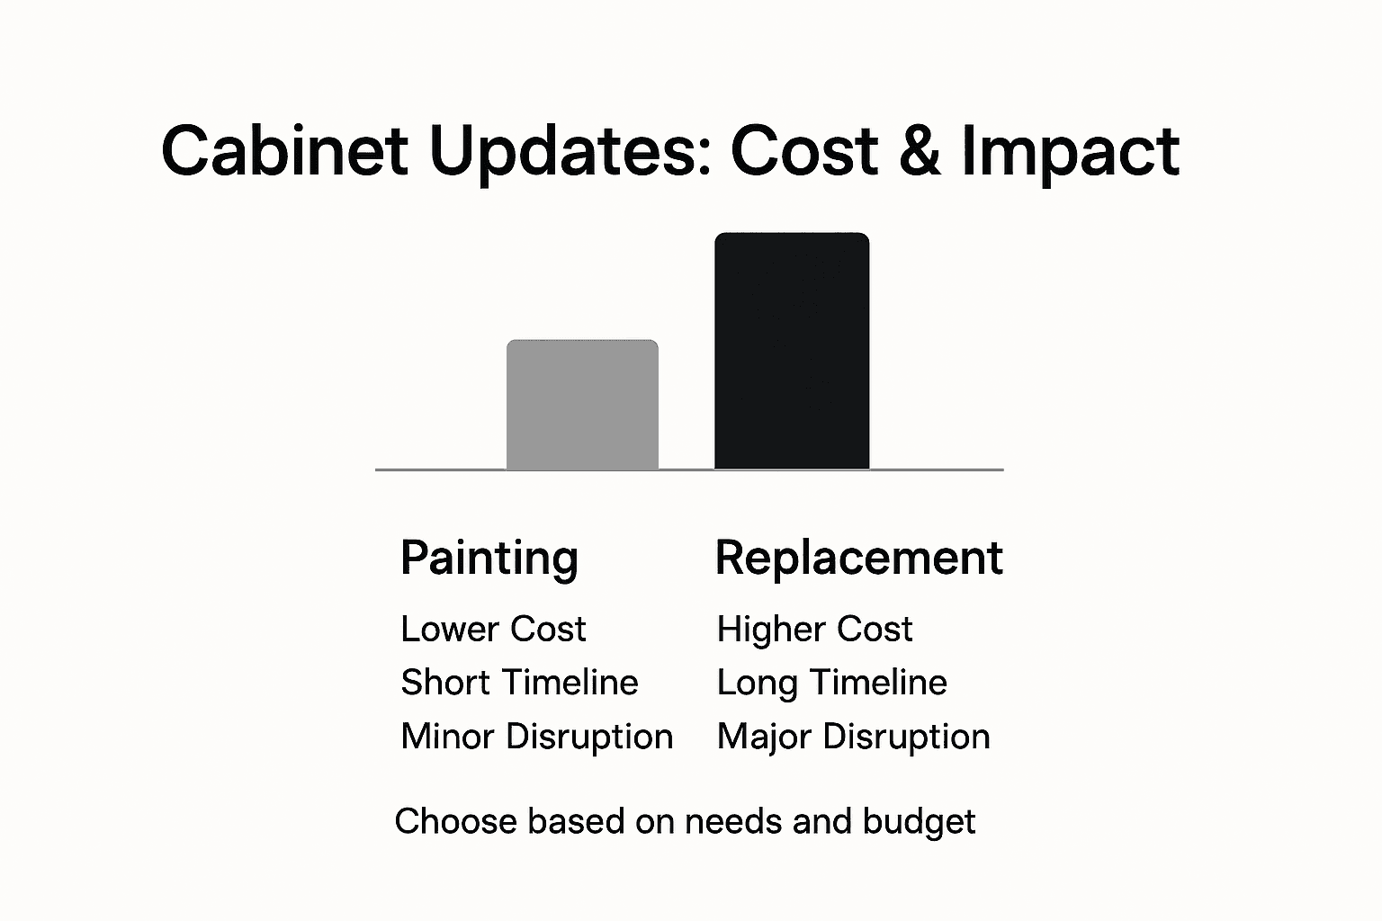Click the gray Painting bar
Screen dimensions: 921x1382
(582, 405)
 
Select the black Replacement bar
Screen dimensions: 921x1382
(792, 351)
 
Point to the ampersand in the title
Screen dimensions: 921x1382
(919, 150)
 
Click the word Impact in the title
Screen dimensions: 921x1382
(1070, 150)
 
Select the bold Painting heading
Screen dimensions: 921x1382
(489, 558)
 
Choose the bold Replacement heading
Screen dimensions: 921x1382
(858, 558)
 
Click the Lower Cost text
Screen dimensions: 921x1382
(493, 629)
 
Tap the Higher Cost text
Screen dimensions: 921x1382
(814, 629)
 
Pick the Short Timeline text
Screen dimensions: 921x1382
(519, 683)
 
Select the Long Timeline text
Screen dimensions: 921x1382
(831, 683)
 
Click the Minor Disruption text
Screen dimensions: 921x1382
(536, 737)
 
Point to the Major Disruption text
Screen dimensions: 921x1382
(853, 737)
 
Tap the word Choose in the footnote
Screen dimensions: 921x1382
(456, 822)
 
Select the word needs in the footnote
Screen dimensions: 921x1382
(721, 822)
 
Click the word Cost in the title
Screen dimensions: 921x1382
(803, 150)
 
